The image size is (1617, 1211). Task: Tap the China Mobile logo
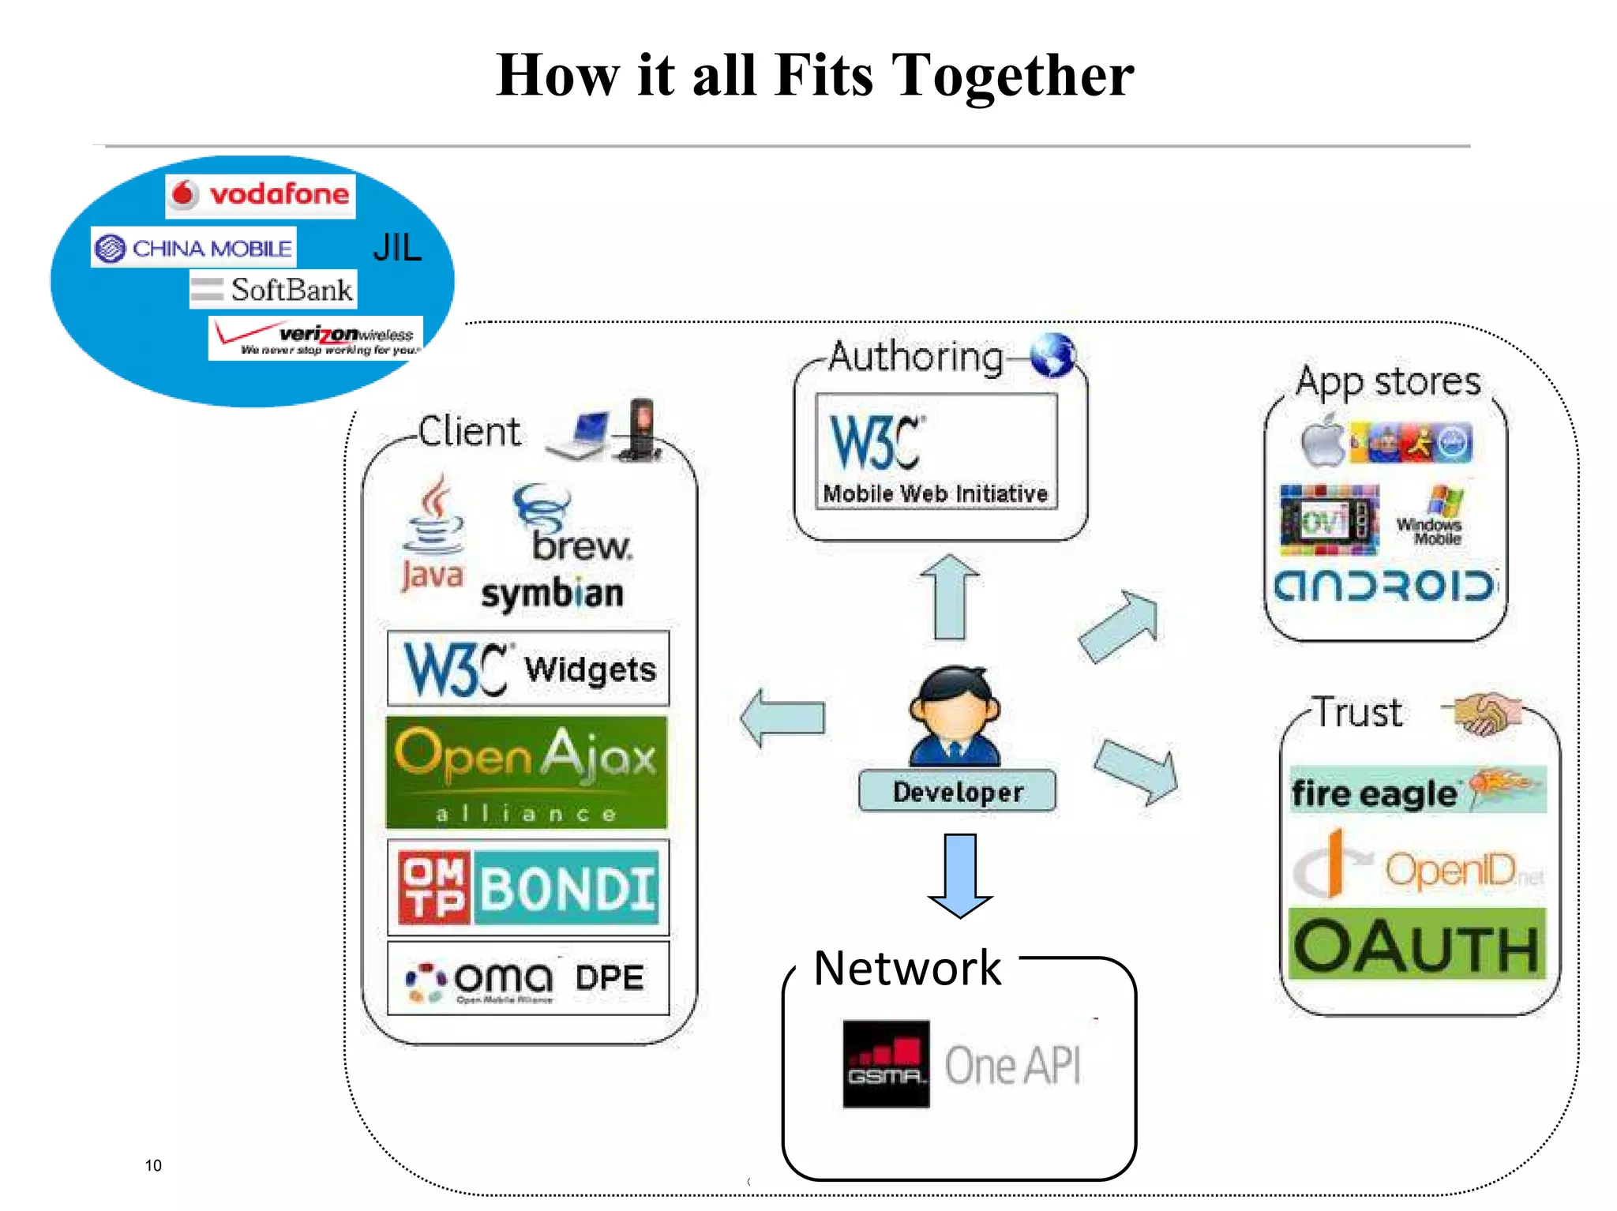193,248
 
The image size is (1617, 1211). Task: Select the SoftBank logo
273,290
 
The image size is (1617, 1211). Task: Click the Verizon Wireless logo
316,339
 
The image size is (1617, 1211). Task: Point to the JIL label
397,248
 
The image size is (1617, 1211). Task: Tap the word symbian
552,594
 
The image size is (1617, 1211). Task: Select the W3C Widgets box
528,668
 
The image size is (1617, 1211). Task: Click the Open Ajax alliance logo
527,772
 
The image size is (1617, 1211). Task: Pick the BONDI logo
528,887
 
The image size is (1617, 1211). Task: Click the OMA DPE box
528,978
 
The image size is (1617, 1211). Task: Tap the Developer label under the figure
957,792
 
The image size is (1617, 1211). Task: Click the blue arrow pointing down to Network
960,875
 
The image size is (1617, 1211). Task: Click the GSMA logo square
886,1063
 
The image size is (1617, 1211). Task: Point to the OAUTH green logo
1416,945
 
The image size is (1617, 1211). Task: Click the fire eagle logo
1416,790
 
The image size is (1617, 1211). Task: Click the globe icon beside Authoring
1052,354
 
